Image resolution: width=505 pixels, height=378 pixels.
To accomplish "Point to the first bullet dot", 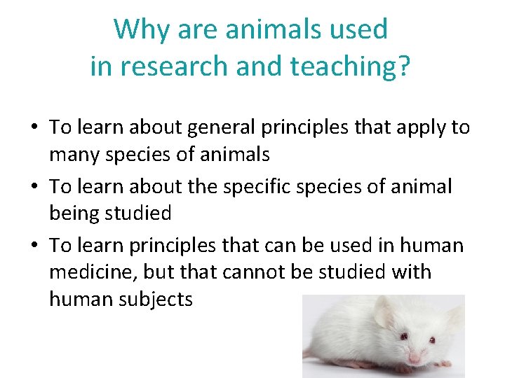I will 34,127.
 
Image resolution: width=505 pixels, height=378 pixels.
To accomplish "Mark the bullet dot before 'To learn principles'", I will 34,246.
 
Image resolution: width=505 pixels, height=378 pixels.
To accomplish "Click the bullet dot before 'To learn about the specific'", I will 34,187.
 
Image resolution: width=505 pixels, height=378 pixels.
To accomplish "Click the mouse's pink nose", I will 415,359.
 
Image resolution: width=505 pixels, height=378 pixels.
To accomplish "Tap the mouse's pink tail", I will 309,350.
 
